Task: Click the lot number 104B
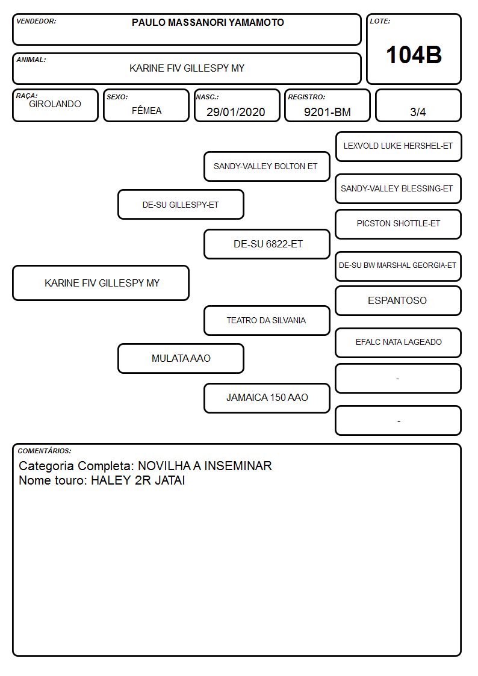(414, 55)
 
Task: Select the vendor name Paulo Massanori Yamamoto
(208, 22)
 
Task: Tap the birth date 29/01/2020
(236, 112)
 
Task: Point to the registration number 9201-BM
(327, 112)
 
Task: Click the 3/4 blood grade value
(418, 112)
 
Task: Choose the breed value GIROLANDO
(55, 104)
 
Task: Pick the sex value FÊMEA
(146, 110)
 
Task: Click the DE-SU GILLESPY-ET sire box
(181, 204)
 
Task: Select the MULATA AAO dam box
(181, 358)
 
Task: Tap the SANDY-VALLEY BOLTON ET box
(267, 166)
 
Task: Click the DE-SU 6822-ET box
(267, 244)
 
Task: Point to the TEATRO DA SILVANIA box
(267, 320)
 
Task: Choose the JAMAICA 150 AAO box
(267, 398)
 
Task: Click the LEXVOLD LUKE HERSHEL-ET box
(399, 147)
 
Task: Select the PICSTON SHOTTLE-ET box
(399, 224)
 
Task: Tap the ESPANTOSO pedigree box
(399, 300)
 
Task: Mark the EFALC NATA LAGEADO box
(399, 343)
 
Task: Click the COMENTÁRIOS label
(45, 451)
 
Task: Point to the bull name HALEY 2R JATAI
(138, 480)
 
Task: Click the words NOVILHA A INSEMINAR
(205, 465)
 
